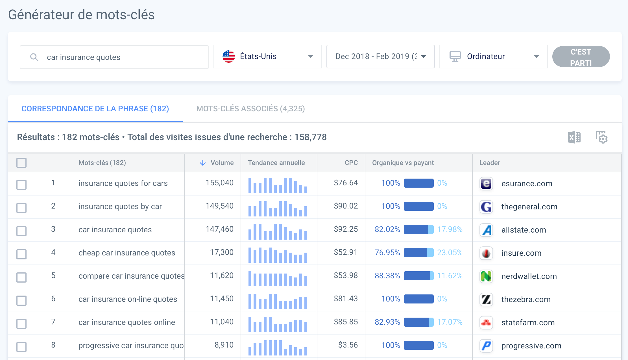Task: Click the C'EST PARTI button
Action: tap(581, 57)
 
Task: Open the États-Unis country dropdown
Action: tap(267, 57)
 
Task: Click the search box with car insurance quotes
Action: tap(114, 57)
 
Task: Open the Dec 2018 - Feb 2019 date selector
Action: tap(380, 57)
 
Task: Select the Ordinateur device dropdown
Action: tap(493, 57)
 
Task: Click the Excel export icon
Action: tap(574, 138)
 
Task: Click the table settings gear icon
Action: tap(601, 137)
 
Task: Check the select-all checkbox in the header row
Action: tap(21, 163)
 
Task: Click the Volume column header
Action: tap(222, 163)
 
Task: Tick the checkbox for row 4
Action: tap(21, 254)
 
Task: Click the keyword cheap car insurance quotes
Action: tap(127, 253)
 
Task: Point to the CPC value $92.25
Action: tap(346, 229)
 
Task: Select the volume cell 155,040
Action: tap(219, 183)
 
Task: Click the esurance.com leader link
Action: tap(527, 184)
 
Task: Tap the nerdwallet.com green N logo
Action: tap(486, 276)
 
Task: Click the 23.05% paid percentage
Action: tap(450, 252)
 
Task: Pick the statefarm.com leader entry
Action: tap(528, 322)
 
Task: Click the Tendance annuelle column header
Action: tap(276, 163)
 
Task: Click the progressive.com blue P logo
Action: tap(486, 346)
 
